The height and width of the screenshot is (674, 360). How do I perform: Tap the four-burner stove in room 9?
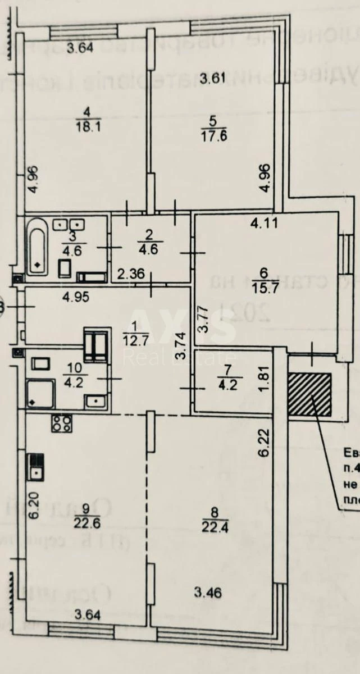point(61,423)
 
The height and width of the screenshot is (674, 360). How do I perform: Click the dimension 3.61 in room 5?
point(214,78)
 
